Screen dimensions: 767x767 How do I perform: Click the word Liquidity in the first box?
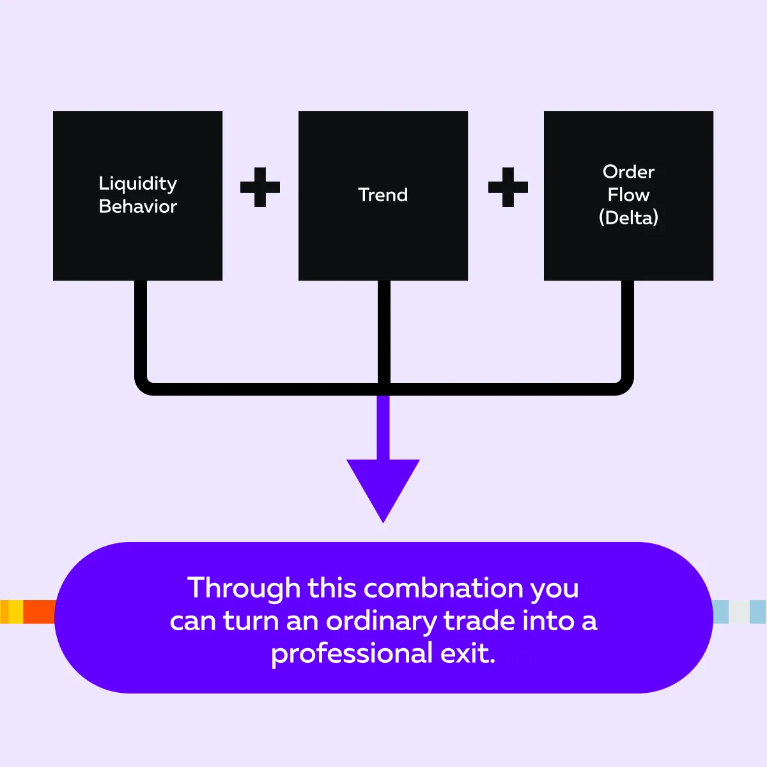coord(137,184)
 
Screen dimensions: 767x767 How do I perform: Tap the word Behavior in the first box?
coord(137,206)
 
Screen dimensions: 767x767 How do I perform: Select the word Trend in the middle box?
coord(383,195)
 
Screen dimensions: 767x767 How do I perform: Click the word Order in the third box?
coord(628,172)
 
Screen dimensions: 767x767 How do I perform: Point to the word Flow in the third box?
coord(628,194)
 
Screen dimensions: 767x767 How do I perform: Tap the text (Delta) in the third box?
coord(628,217)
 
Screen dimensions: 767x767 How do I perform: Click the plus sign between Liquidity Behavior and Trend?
coord(260,187)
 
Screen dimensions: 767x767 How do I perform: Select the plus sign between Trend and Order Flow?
coord(508,187)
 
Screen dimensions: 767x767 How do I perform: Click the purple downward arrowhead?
coord(383,486)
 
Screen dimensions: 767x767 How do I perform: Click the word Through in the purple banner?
coord(244,588)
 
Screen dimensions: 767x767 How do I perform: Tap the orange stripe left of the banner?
coord(39,612)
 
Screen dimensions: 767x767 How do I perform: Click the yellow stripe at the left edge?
coord(15,612)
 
